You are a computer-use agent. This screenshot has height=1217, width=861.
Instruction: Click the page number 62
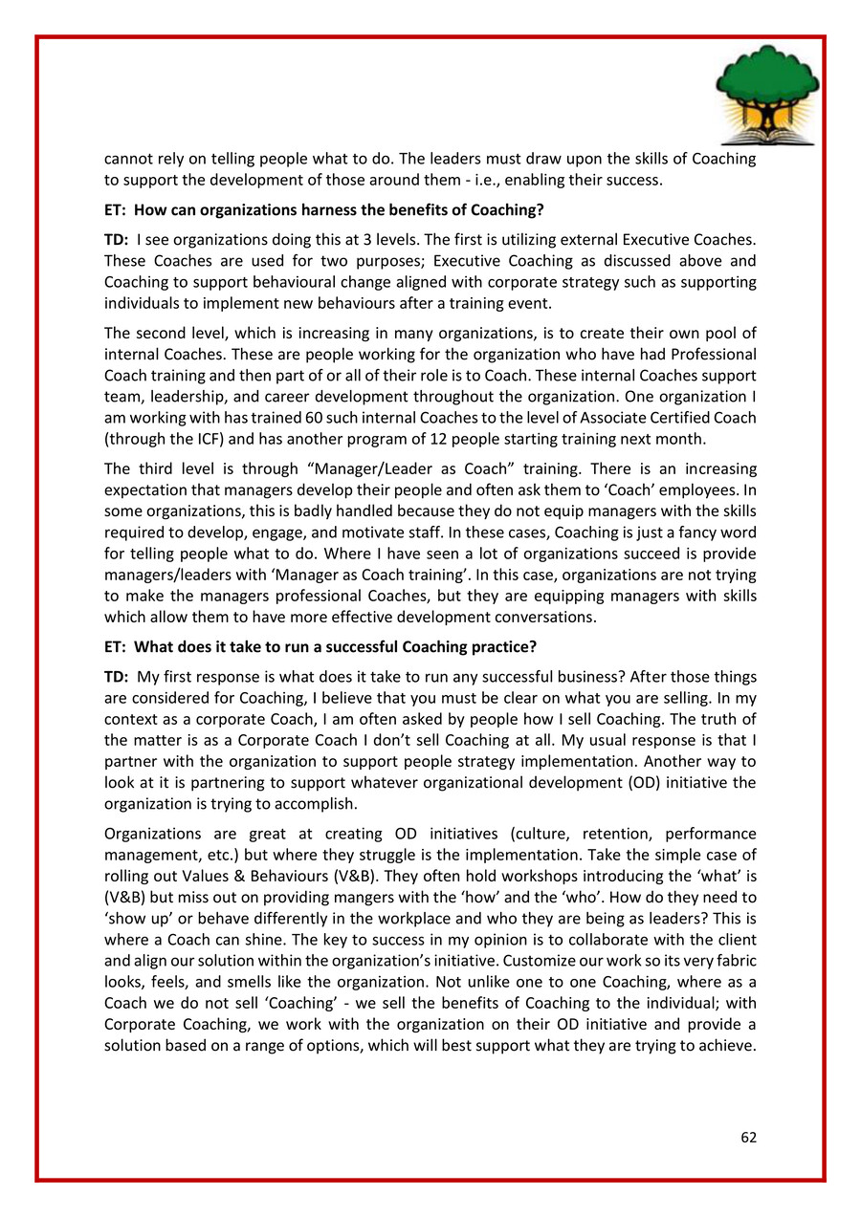point(748,1137)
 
